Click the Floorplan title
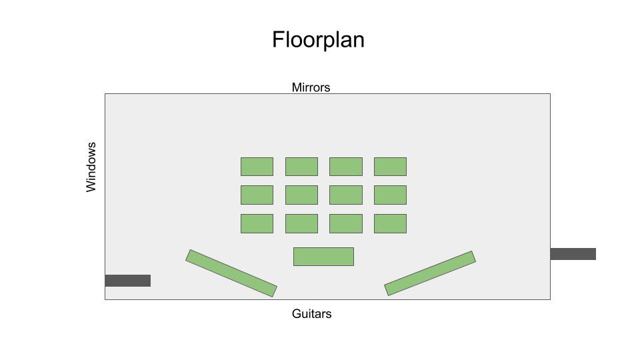coord(318,40)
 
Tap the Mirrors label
coord(311,87)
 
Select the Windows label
coord(91,167)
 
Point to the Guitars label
coord(311,314)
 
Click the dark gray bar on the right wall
coord(573,254)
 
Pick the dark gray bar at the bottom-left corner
coord(127,281)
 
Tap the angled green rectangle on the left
coord(231,273)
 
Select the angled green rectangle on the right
coord(430,273)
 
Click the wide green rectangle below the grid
coord(323,257)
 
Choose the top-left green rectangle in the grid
coord(257,167)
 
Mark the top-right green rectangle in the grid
coord(390,167)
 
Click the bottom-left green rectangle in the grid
coord(257,223)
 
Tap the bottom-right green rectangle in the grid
coord(390,223)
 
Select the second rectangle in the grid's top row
coord(301,167)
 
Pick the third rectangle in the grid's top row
coord(345,167)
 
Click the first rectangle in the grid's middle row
coord(257,195)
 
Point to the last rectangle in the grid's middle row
coord(390,195)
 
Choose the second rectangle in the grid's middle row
coord(301,195)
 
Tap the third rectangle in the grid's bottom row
coord(345,223)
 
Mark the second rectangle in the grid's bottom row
coord(301,223)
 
